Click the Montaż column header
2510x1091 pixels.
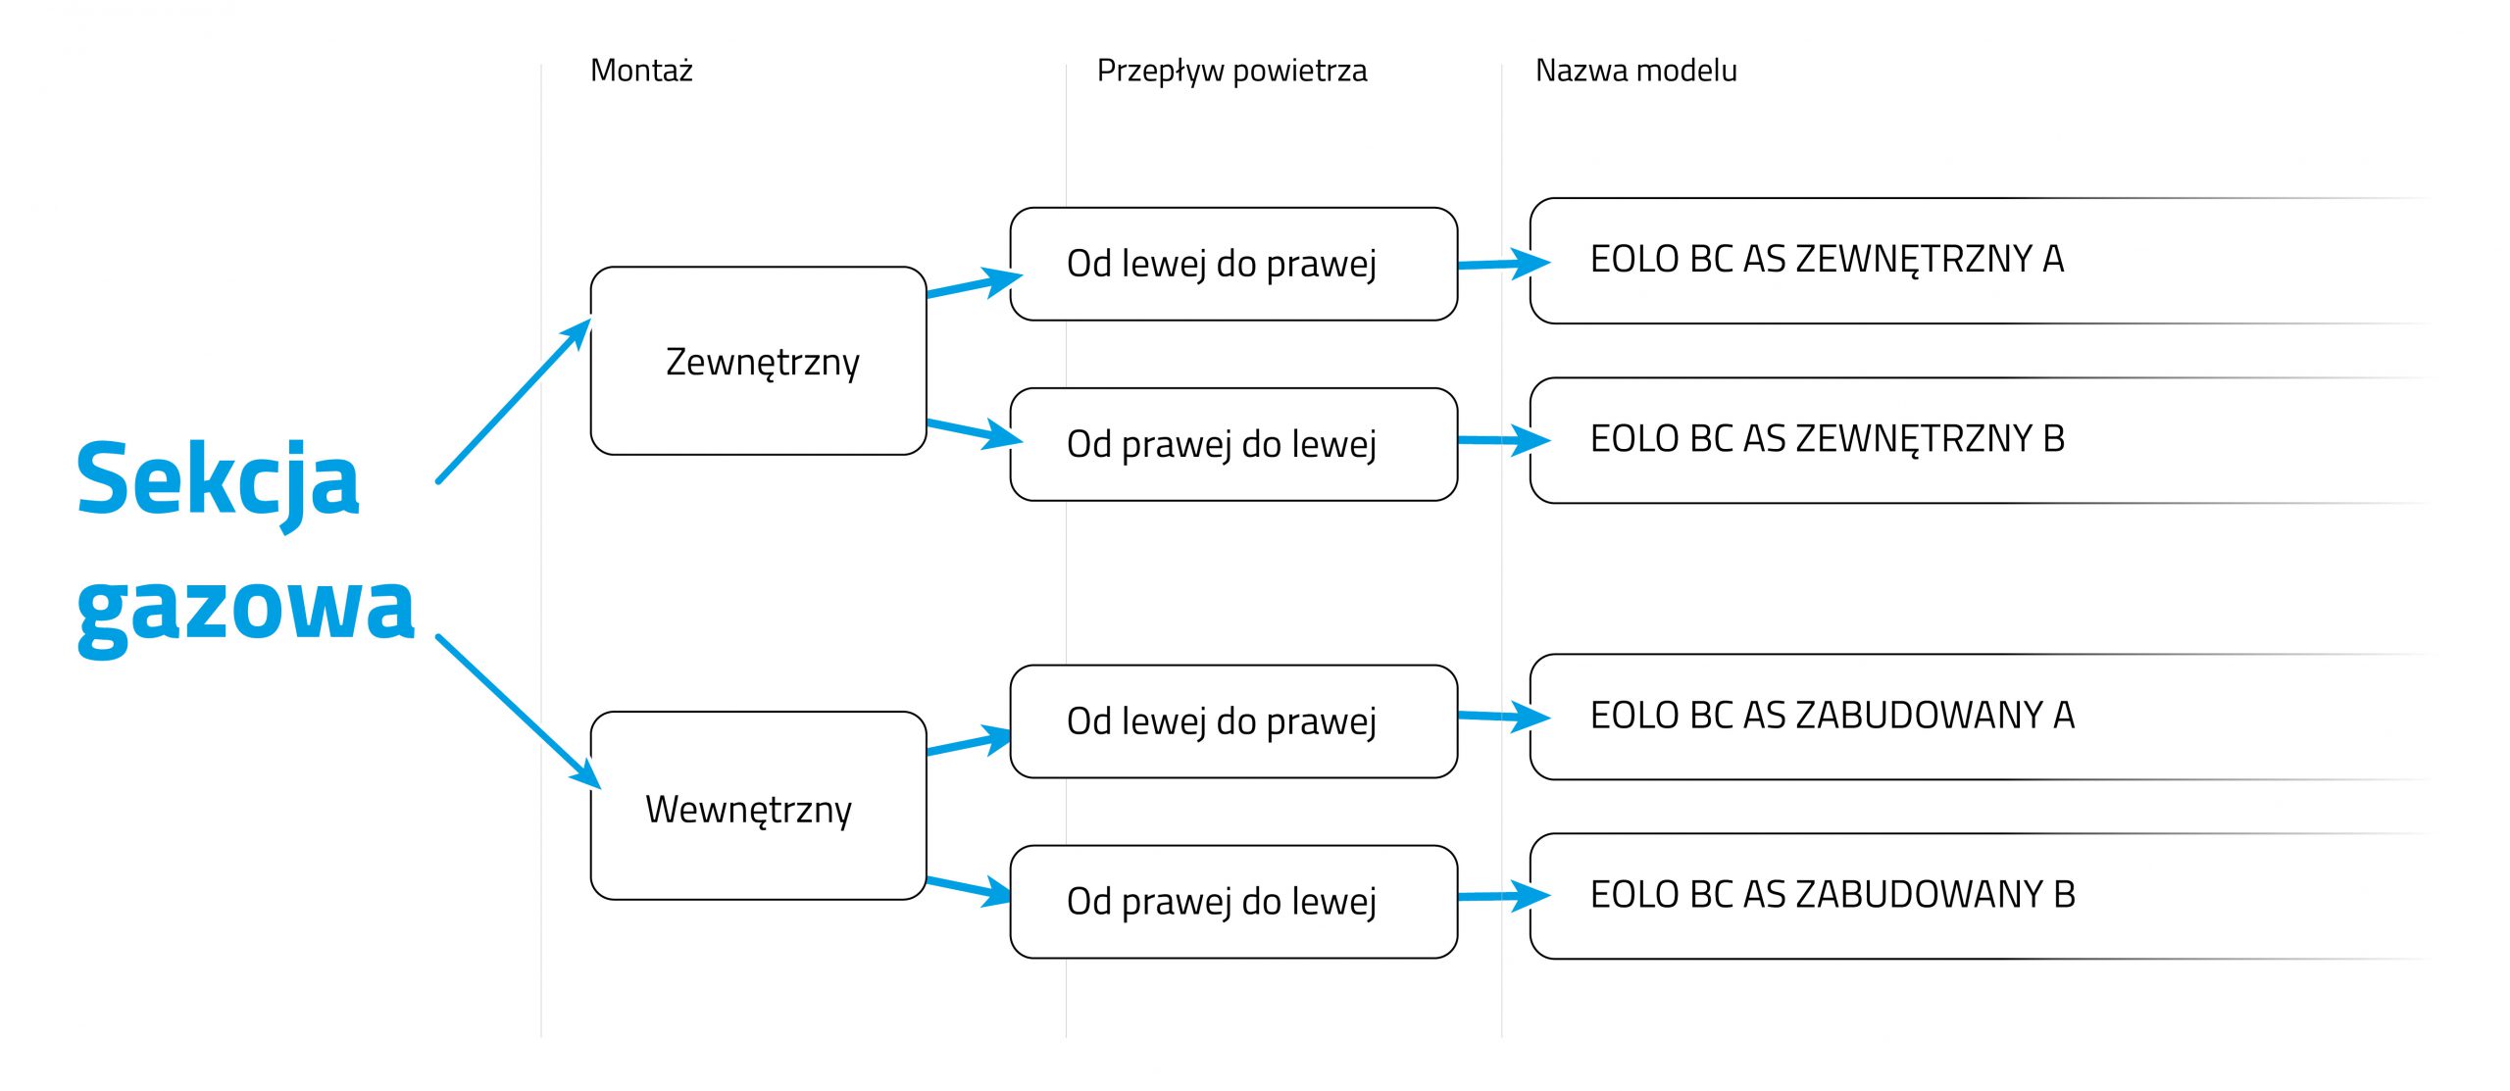641,71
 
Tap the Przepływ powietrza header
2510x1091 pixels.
1231,72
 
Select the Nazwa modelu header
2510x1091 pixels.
1635,71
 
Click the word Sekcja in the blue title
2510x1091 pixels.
219,481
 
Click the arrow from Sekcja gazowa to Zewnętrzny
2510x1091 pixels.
514,401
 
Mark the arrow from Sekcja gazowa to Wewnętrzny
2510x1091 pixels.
519,712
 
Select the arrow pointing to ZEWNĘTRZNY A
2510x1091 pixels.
1504,264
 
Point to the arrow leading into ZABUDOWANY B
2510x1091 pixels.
1504,896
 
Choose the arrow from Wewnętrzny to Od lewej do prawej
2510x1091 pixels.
970,742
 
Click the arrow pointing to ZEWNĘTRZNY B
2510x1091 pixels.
1504,440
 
